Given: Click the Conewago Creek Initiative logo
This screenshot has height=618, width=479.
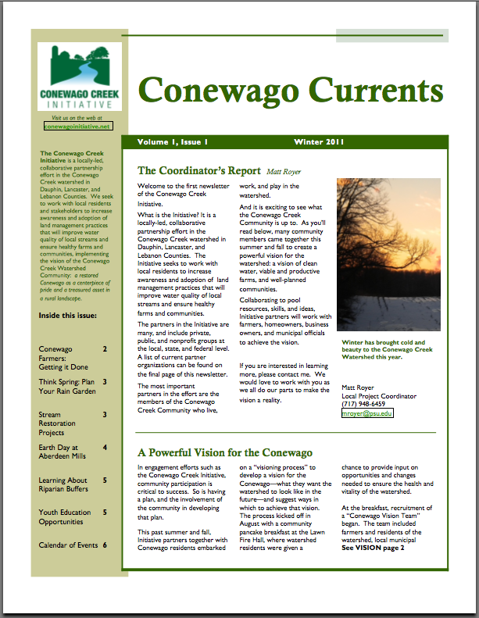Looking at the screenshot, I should (78, 77).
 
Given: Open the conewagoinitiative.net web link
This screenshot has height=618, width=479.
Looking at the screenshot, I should (78, 125).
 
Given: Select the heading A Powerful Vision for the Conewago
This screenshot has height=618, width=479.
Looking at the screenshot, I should (224, 453).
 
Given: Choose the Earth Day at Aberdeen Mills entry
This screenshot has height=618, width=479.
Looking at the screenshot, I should (62, 452).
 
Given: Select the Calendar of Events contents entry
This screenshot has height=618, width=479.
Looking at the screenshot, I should (67, 545).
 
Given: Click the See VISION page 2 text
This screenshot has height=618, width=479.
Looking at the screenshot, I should (373, 548).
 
